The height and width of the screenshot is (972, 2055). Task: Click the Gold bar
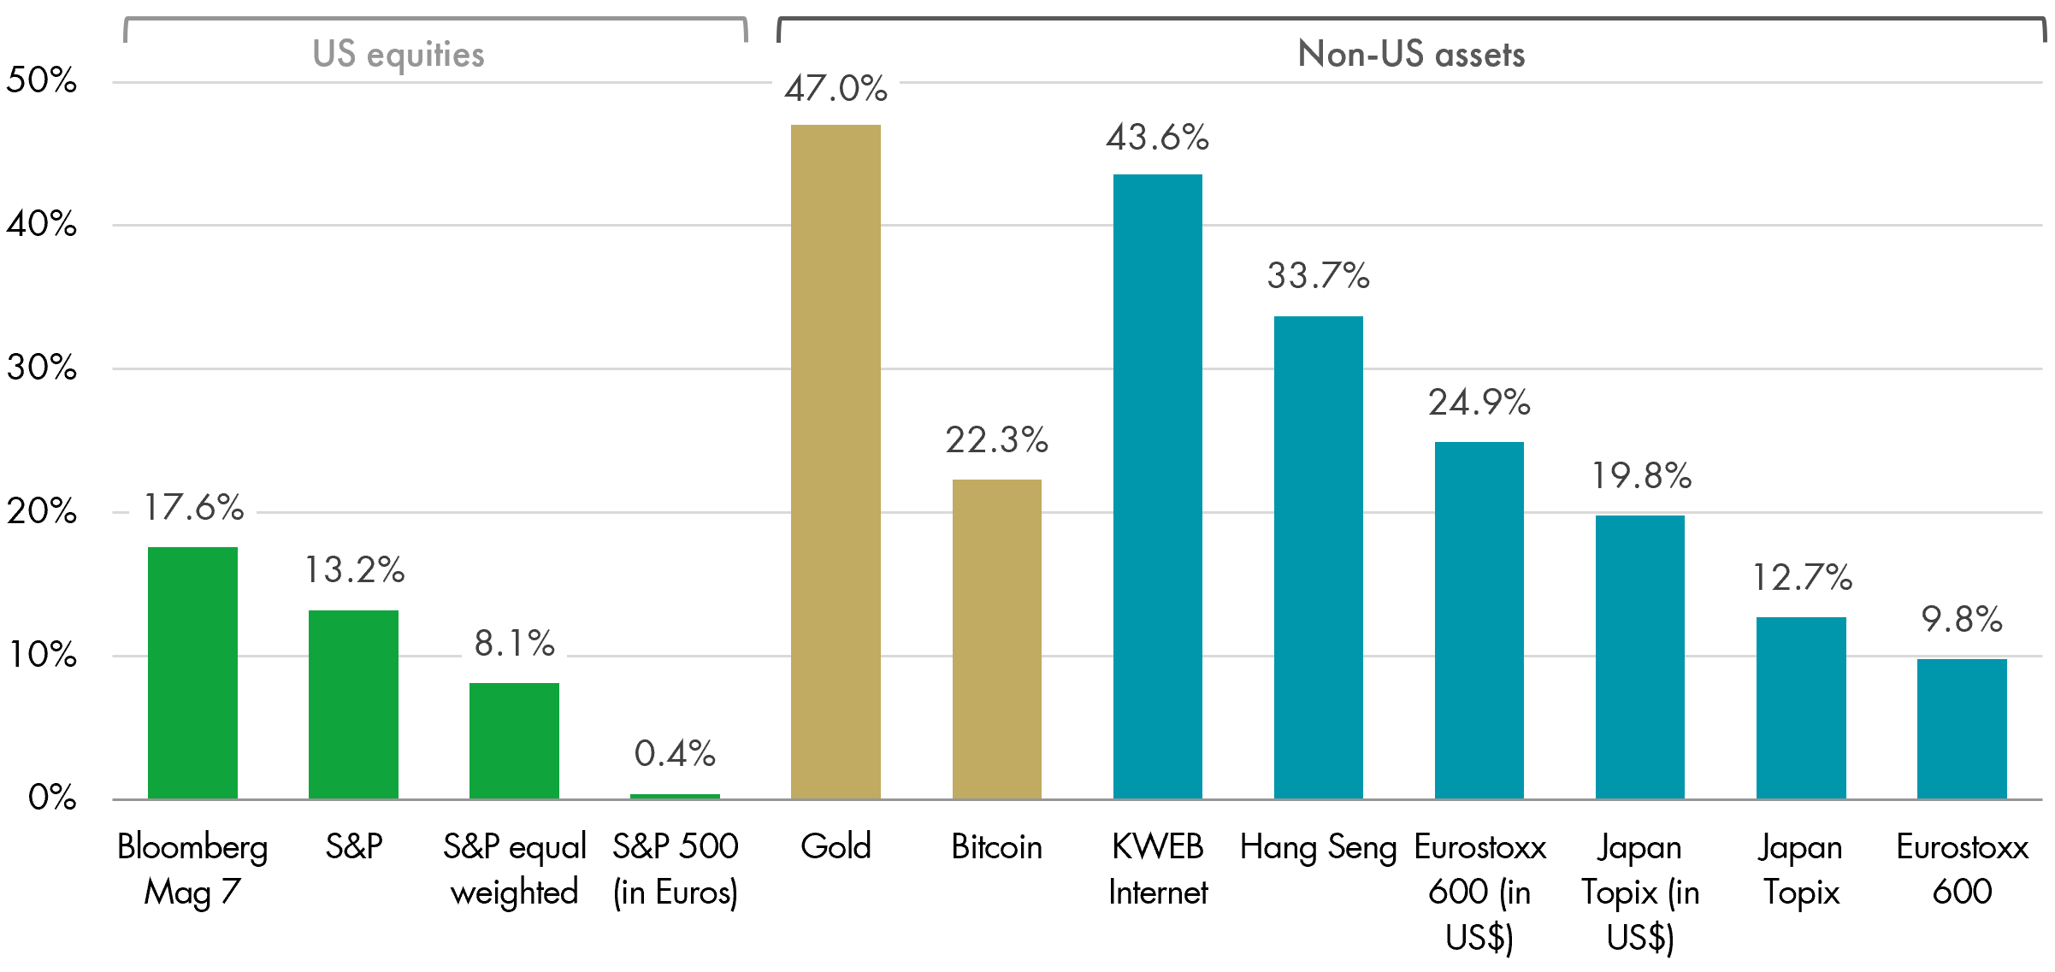click(x=836, y=462)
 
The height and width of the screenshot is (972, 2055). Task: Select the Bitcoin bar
click(x=996, y=639)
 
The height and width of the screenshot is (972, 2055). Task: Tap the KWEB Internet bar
click(x=1157, y=486)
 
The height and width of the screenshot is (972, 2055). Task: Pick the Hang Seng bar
click(x=1318, y=557)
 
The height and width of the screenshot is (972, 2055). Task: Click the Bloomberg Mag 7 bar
click(x=192, y=673)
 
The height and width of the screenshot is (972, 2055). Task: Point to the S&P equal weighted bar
click(x=514, y=740)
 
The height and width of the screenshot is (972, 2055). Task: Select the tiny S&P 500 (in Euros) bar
click(x=675, y=797)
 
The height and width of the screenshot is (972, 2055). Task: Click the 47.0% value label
click(x=836, y=88)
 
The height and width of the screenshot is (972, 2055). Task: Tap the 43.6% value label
click(x=1157, y=138)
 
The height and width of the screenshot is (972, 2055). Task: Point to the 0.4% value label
click(x=675, y=754)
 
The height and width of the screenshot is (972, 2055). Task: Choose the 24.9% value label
click(x=1479, y=403)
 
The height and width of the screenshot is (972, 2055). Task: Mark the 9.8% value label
click(x=1961, y=620)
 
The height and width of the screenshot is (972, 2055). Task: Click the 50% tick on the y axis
click(x=41, y=81)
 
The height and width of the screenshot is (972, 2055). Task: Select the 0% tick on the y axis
click(x=51, y=798)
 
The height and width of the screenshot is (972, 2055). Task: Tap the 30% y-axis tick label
click(x=41, y=368)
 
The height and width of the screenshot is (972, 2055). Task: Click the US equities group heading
click(x=399, y=55)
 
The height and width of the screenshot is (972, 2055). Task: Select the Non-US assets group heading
click(x=1411, y=55)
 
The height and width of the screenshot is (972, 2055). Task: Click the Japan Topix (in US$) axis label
click(x=1639, y=892)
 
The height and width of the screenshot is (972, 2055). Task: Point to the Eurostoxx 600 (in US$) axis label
click(x=1479, y=892)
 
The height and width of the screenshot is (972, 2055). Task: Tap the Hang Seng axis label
click(x=1318, y=847)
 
